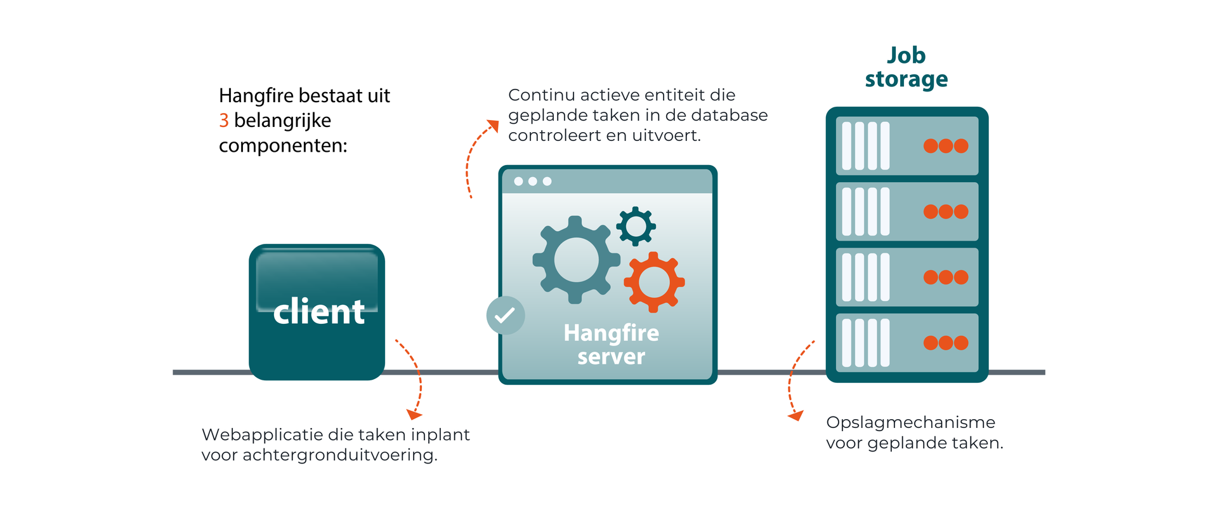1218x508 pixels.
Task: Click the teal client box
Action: click(317, 312)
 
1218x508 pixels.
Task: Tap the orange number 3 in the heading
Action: click(224, 120)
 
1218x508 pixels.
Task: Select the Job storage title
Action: click(906, 67)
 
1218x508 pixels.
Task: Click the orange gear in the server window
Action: click(654, 282)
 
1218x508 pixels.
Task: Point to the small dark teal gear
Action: click(636, 225)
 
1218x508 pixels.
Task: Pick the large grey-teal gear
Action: click(576, 260)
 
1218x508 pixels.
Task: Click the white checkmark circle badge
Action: click(505, 315)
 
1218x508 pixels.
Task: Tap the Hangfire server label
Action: click(611, 345)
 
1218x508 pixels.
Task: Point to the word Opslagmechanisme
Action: click(910, 422)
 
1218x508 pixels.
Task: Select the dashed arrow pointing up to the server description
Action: click(476, 156)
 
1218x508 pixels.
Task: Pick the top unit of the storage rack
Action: click(907, 146)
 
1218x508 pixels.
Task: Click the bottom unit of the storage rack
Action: click(907, 343)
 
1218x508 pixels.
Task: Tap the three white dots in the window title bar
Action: click(532, 182)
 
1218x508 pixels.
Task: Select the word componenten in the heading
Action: click(282, 146)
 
